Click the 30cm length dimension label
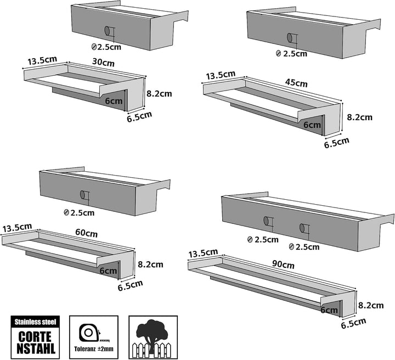point(103,62)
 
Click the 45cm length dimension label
point(296,83)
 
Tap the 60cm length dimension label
point(87,233)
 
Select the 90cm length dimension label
point(283,264)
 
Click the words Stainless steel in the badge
point(35,322)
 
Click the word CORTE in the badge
point(35,336)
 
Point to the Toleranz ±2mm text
point(94,349)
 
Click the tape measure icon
point(89,333)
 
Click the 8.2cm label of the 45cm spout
point(359,117)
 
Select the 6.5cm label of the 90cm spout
point(353,323)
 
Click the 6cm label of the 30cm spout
point(114,102)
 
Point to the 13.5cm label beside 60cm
point(18,228)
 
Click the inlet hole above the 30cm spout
point(107,31)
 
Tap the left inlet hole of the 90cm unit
point(266,221)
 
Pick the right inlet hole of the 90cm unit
point(302,228)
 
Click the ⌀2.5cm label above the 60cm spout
point(79,213)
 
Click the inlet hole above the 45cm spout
point(290,38)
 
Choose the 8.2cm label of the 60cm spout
point(150,265)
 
